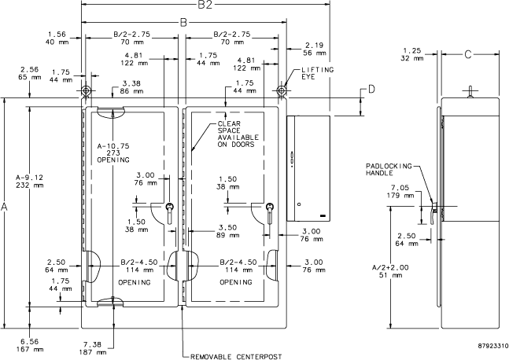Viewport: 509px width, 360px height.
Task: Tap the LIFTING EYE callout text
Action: [317, 75]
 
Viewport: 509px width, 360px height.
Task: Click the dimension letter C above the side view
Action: [467, 55]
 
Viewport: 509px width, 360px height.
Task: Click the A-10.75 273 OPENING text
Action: [117, 152]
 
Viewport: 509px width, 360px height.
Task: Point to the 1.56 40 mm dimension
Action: [57, 38]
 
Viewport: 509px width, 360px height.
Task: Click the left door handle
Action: [169, 212]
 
